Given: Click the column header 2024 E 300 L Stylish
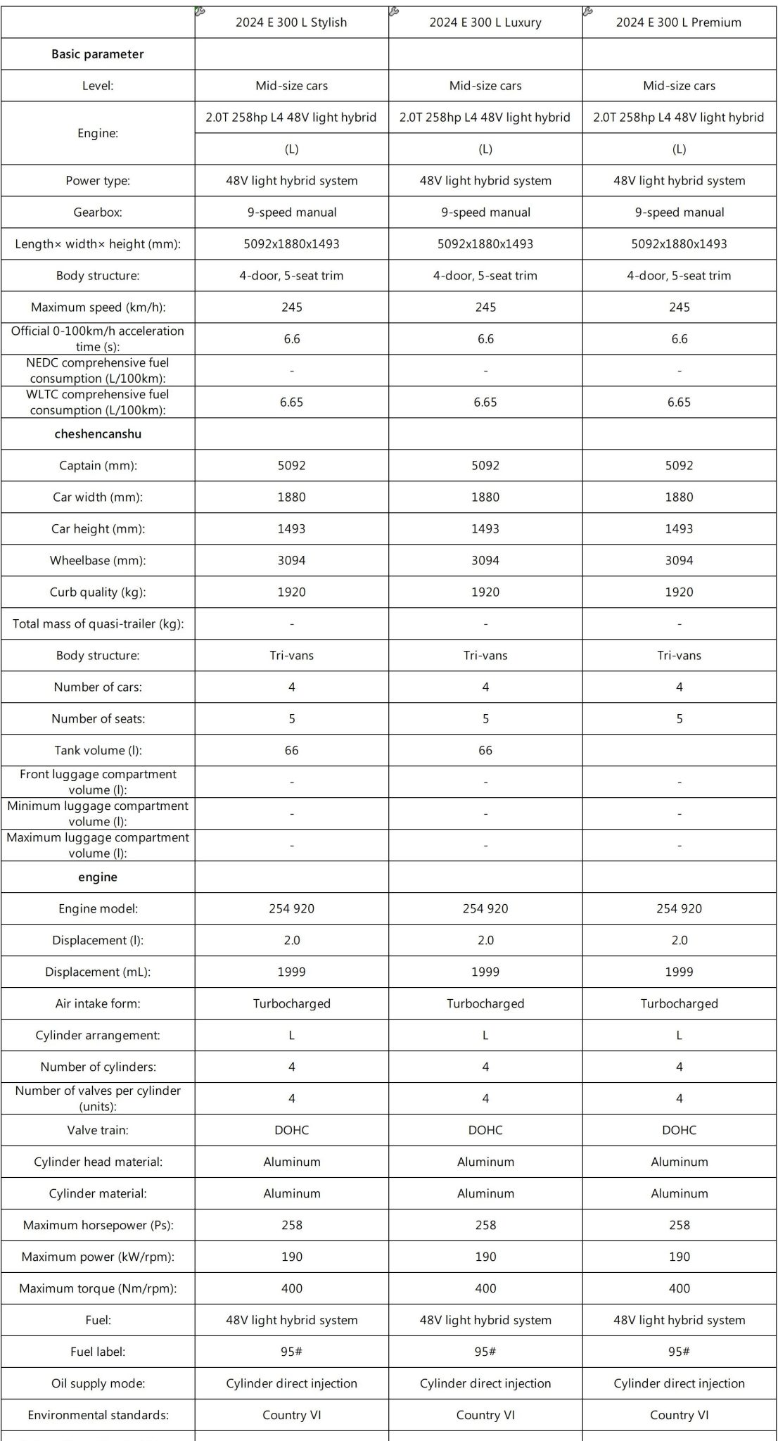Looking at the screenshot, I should click(x=291, y=23).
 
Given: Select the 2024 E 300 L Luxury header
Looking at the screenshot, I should click(x=485, y=23).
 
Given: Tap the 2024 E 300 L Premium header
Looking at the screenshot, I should click(x=679, y=23).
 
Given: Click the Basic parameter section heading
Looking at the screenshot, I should click(x=98, y=54).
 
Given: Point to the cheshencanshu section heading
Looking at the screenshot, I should click(x=98, y=434).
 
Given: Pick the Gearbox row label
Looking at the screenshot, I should click(x=98, y=212).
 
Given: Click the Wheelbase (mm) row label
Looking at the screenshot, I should click(x=98, y=561).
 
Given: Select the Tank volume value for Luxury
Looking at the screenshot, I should click(x=485, y=751).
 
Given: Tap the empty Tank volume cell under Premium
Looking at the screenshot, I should click(x=679, y=751).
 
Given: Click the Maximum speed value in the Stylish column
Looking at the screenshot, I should click(x=291, y=307).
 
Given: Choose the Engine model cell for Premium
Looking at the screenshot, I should click(x=679, y=909).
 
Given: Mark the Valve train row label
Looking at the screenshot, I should click(x=98, y=1131).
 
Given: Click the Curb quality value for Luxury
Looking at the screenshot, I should click(x=485, y=592).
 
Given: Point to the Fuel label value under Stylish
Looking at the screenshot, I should click(x=291, y=1352).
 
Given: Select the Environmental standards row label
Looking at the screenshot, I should click(x=98, y=1416).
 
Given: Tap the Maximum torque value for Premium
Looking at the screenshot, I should click(x=679, y=1289).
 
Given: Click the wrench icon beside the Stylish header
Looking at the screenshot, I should click(x=200, y=11).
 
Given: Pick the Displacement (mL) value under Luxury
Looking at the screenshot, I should click(x=485, y=972).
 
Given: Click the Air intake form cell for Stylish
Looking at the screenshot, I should click(x=291, y=1004).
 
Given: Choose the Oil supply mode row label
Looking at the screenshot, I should click(x=98, y=1384).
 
